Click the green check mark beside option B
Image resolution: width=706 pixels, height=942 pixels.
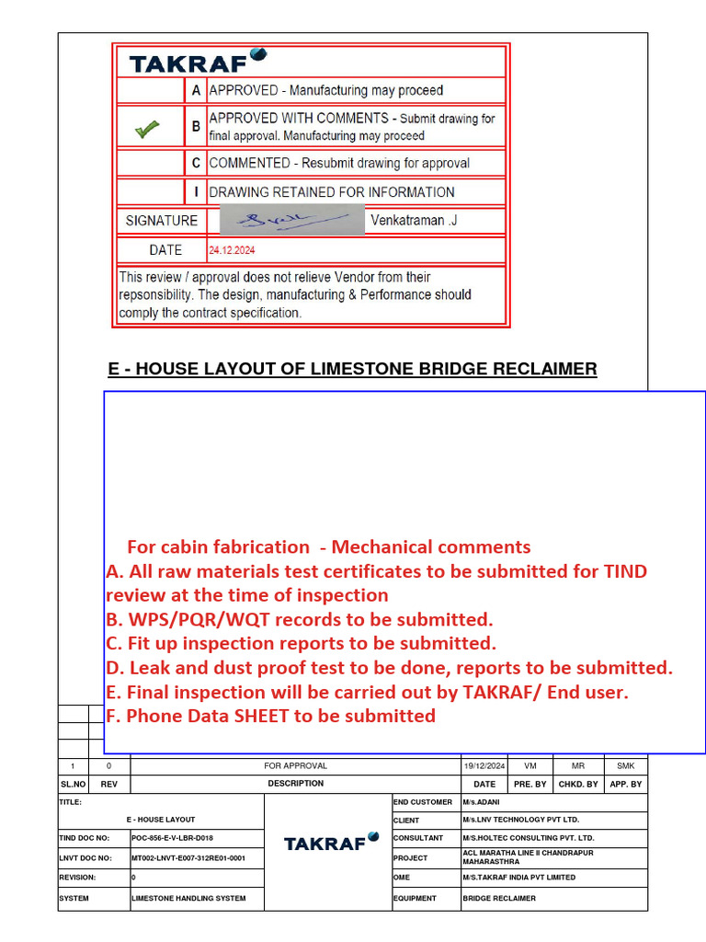coord(147,130)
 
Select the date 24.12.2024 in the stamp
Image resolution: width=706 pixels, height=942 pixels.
coord(233,250)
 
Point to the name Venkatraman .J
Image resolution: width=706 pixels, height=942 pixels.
coord(413,221)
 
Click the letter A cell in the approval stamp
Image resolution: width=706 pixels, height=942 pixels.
coord(195,90)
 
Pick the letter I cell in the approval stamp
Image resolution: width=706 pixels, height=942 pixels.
coord(195,192)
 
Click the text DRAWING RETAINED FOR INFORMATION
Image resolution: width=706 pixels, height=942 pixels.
coord(332,192)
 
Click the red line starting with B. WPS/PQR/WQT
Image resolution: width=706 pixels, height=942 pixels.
coord(300,619)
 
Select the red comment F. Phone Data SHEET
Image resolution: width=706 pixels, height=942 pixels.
coord(271,716)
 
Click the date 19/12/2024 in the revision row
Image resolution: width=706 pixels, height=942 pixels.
coord(484,765)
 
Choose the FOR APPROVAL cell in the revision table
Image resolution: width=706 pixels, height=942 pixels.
coord(295,765)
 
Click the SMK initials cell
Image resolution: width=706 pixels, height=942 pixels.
coord(625,765)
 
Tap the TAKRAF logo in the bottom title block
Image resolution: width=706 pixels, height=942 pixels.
coord(331,842)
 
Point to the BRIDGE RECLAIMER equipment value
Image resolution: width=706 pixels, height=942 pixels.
coord(500,898)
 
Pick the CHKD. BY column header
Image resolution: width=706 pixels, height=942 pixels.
coord(578,784)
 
